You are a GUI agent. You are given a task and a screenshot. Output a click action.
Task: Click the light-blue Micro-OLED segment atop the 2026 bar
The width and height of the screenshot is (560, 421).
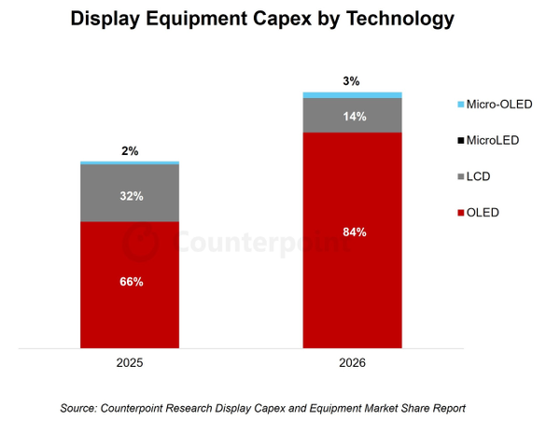pyautogui.click(x=352, y=94)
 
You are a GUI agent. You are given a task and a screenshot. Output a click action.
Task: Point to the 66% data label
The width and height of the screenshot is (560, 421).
pyautogui.click(x=132, y=282)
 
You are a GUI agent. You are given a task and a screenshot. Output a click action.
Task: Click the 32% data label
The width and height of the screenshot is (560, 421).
pyautogui.click(x=132, y=197)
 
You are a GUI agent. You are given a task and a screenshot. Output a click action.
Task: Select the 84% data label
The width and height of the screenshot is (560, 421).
pyautogui.click(x=353, y=232)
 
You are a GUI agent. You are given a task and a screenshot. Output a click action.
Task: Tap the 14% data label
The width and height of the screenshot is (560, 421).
pyautogui.click(x=354, y=117)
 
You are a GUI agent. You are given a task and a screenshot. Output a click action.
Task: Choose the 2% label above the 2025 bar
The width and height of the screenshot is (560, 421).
pyautogui.click(x=131, y=151)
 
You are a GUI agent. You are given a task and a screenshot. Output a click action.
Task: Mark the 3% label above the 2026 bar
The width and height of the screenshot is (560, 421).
pyautogui.click(x=352, y=81)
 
